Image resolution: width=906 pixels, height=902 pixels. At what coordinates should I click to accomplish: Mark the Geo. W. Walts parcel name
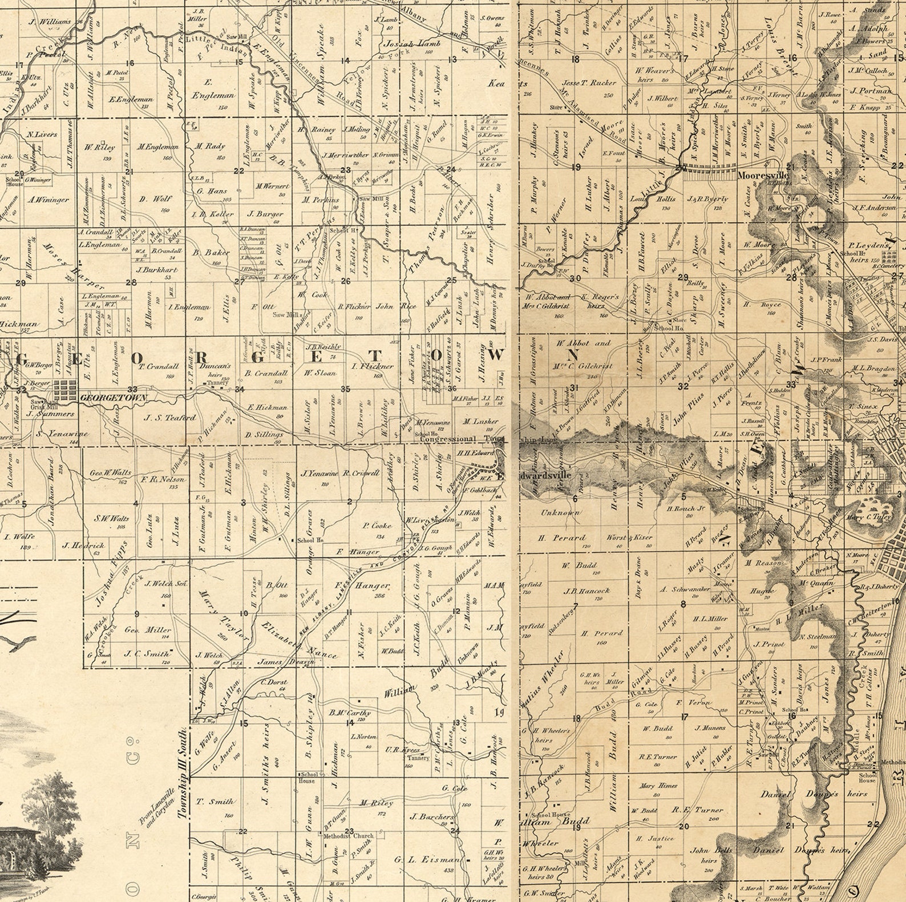tap(111, 473)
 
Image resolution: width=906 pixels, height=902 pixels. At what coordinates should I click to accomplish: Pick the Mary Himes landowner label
tap(658, 786)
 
